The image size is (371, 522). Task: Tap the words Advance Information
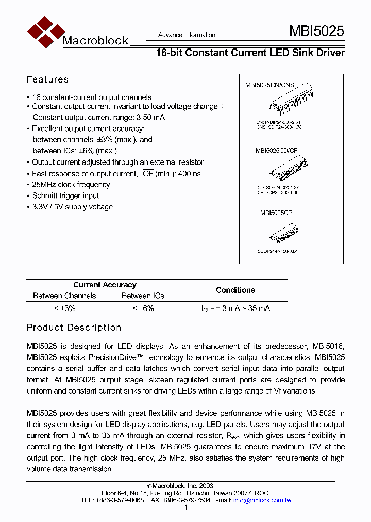coord(187,35)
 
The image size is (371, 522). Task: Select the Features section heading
coord(47,79)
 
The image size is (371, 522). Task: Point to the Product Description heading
coord(74,328)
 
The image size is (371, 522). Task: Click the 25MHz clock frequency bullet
coord(71,185)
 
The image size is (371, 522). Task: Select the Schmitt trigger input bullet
coord(65,196)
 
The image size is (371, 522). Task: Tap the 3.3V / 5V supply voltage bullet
coord(72,207)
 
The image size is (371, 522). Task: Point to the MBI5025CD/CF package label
coord(276,151)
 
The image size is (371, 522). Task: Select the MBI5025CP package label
coord(276,212)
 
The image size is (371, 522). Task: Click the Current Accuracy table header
coord(105,285)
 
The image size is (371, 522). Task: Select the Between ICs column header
coord(143,296)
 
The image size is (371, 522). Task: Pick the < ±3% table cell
coord(64,308)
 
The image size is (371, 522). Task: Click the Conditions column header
coord(235,290)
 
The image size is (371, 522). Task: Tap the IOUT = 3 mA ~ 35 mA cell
coord(235,308)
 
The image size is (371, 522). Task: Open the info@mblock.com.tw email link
coord(262,500)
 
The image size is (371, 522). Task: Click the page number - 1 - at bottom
coord(185,508)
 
